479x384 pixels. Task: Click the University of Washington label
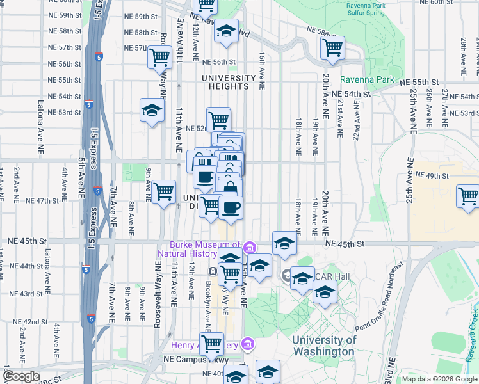pyautogui.click(x=323, y=346)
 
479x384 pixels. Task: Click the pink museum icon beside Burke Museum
pyautogui.click(x=249, y=248)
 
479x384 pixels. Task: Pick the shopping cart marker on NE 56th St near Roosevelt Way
pyautogui.click(x=159, y=58)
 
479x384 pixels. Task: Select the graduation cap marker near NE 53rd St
pyautogui.click(x=152, y=111)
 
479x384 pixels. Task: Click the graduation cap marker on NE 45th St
pyautogui.click(x=285, y=243)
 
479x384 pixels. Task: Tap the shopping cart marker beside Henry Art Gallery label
pyautogui.click(x=211, y=344)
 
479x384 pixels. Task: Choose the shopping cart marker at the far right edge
pyautogui.click(x=468, y=195)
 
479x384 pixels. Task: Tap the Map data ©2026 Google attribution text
pyautogui.click(x=439, y=379)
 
